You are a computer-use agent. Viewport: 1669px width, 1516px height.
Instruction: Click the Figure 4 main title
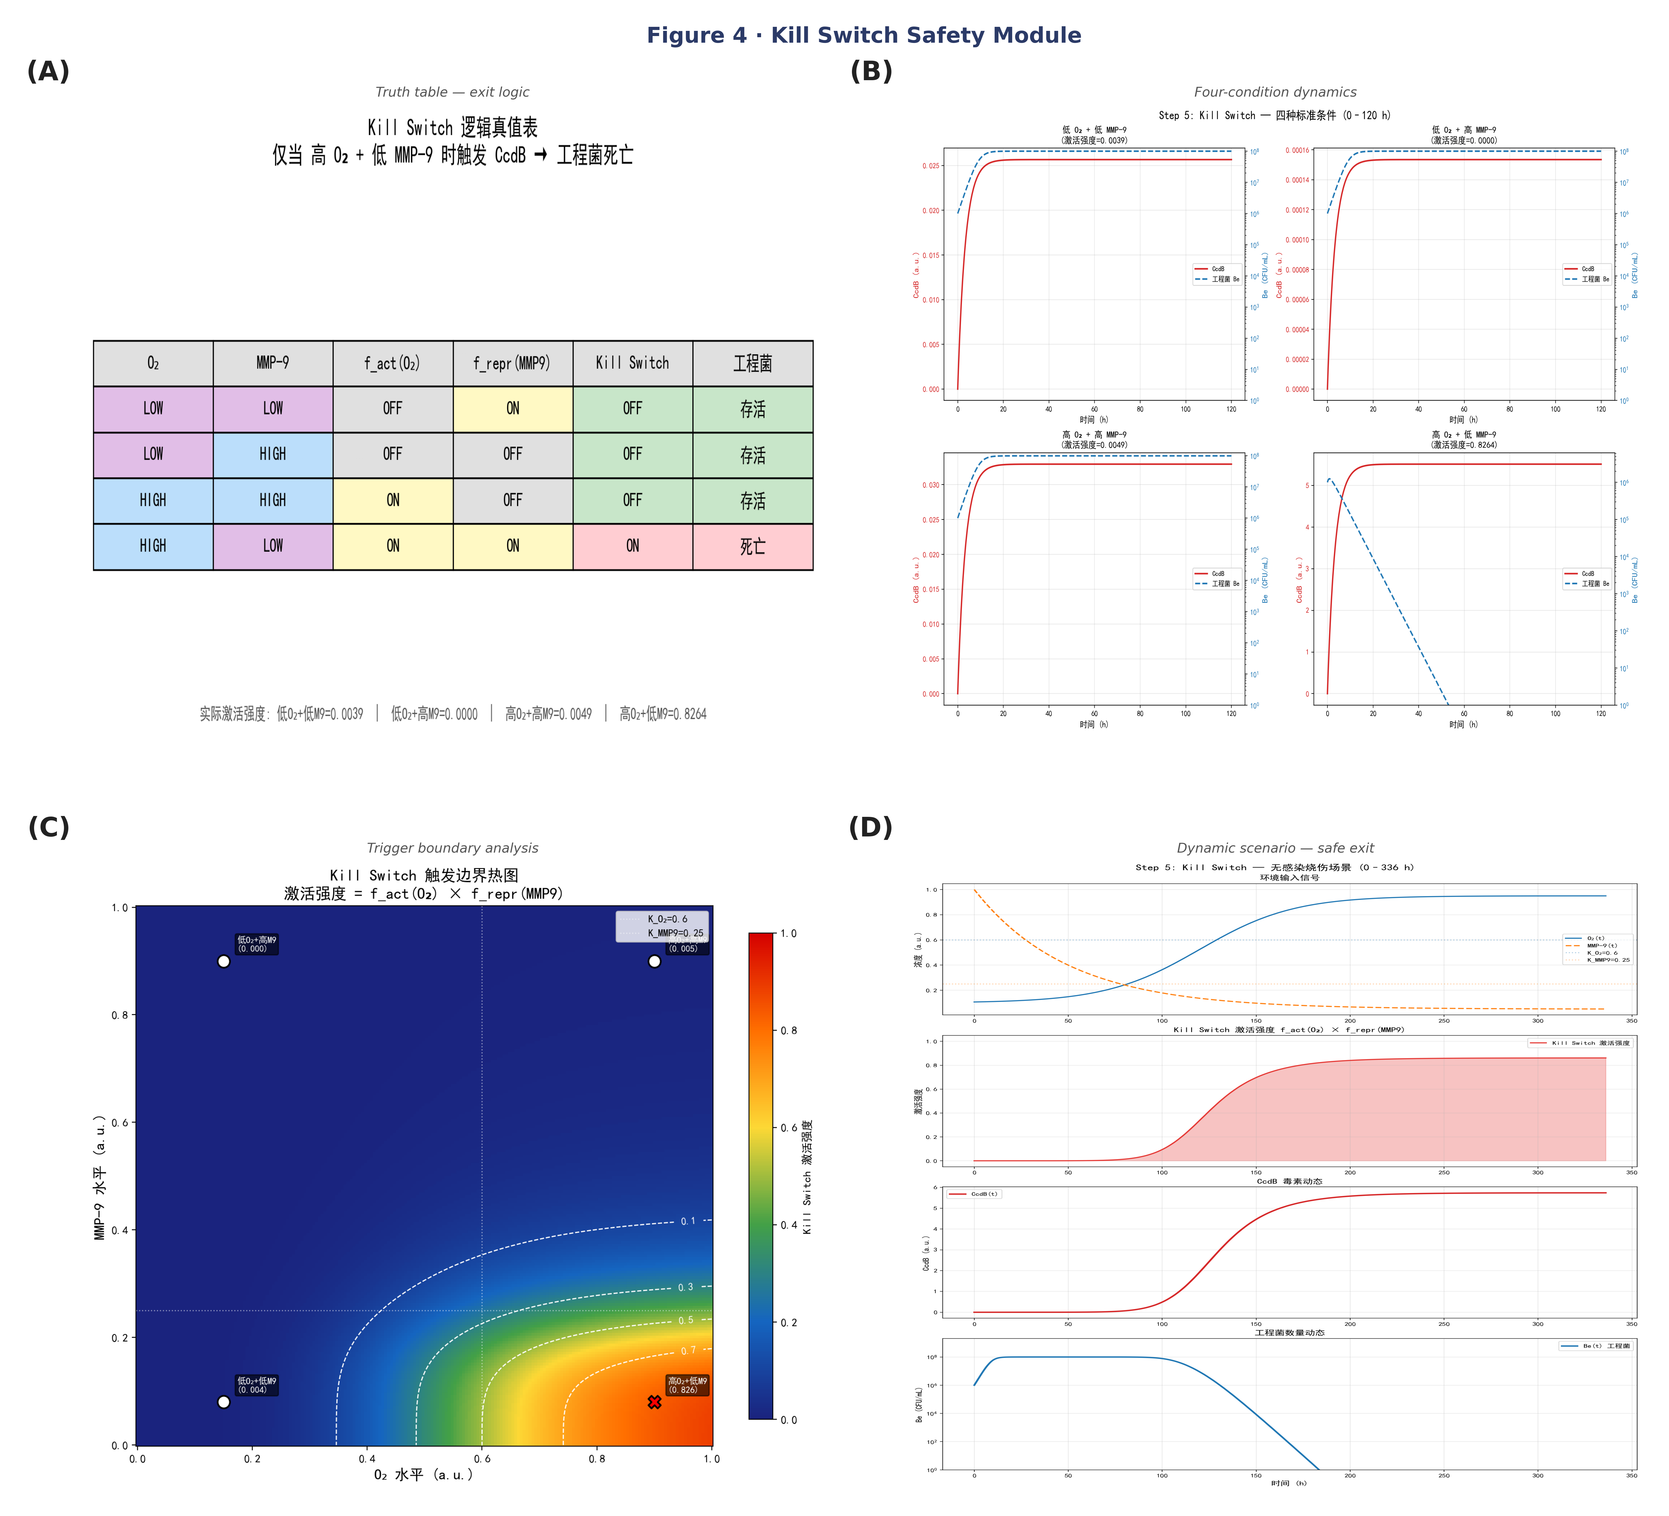(x=863, y=35)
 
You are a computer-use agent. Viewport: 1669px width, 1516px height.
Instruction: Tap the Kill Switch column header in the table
(x=632, y=363)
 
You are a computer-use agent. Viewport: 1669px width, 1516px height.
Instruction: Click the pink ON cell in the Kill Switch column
(x=632, y=546)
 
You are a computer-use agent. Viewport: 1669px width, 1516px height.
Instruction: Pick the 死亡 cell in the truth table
(x=752, y=546)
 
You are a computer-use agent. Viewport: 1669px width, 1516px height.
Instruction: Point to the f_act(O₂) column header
(x=392, y=363)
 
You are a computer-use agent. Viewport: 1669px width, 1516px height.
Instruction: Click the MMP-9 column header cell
(x=272, y=363)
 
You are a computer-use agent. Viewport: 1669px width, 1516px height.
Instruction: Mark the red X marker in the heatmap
(x=654, y=1402)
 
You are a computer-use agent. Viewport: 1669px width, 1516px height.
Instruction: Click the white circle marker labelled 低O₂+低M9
(x=224, y=1402)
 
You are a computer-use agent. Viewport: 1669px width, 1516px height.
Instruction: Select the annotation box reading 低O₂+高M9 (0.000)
(x=257, y=944)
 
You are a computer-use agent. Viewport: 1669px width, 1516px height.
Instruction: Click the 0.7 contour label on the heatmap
(x=688, y=1350)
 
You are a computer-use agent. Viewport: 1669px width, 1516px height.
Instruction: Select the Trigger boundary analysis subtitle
(x=452, y=848)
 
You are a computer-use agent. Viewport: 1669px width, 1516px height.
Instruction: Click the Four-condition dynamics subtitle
(x=1275, y=92)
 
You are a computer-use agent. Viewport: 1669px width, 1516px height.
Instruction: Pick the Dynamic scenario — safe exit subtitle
(x=1275, y=848)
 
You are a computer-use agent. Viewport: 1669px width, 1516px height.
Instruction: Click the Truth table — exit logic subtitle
(x=452, y=92)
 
